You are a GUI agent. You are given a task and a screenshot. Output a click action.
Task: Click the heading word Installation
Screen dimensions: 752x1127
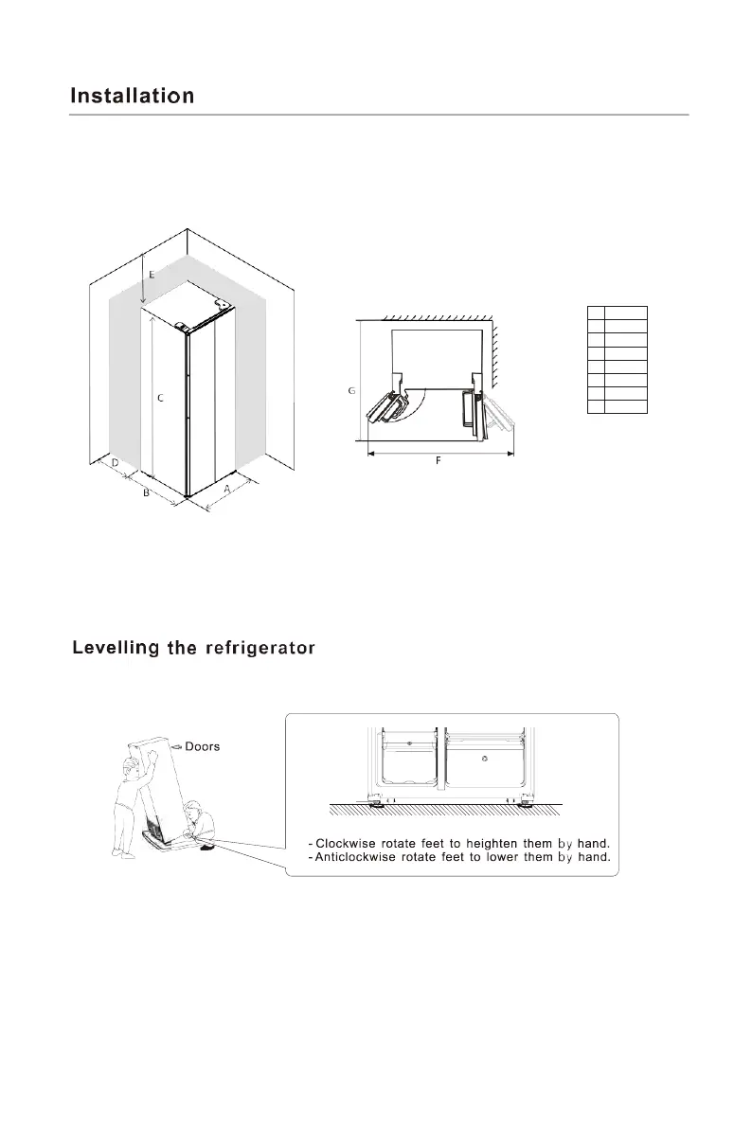click(133, 96)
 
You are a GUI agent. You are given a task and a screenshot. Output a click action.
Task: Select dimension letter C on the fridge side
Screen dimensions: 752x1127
click(160, 400)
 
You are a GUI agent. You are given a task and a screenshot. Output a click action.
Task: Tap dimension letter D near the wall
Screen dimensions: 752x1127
click(115, 464)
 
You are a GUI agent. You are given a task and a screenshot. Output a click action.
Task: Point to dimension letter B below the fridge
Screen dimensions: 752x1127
click(146, 493)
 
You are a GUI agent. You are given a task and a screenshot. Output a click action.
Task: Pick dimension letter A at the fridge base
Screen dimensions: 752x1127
click(228, 489)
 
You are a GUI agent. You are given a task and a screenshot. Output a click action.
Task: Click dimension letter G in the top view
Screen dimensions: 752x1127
click(351, 390)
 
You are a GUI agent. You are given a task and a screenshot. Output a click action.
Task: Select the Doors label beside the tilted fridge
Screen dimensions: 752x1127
click(202, 746)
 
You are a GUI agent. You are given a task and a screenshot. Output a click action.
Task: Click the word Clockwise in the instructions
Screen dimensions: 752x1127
click(349, 843)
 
